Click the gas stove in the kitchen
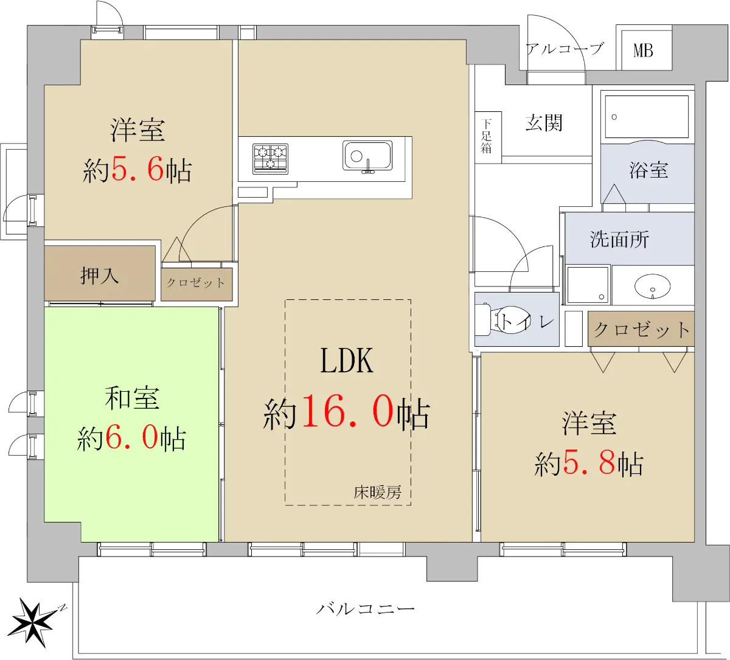(270, 159)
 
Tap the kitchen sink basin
(367, 156)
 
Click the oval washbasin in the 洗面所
(653, 286)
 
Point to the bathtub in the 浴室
(647, 117)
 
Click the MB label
(643, 50)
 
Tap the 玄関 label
(544, 123)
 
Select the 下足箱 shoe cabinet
(488, 137)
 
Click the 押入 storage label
(99, 276)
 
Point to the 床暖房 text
(377, 493)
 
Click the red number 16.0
(348, 411)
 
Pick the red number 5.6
(137, 169)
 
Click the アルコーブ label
(565, 49)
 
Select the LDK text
(347, 360)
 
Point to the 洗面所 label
(619, 239)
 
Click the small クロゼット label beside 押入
(196, 283)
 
